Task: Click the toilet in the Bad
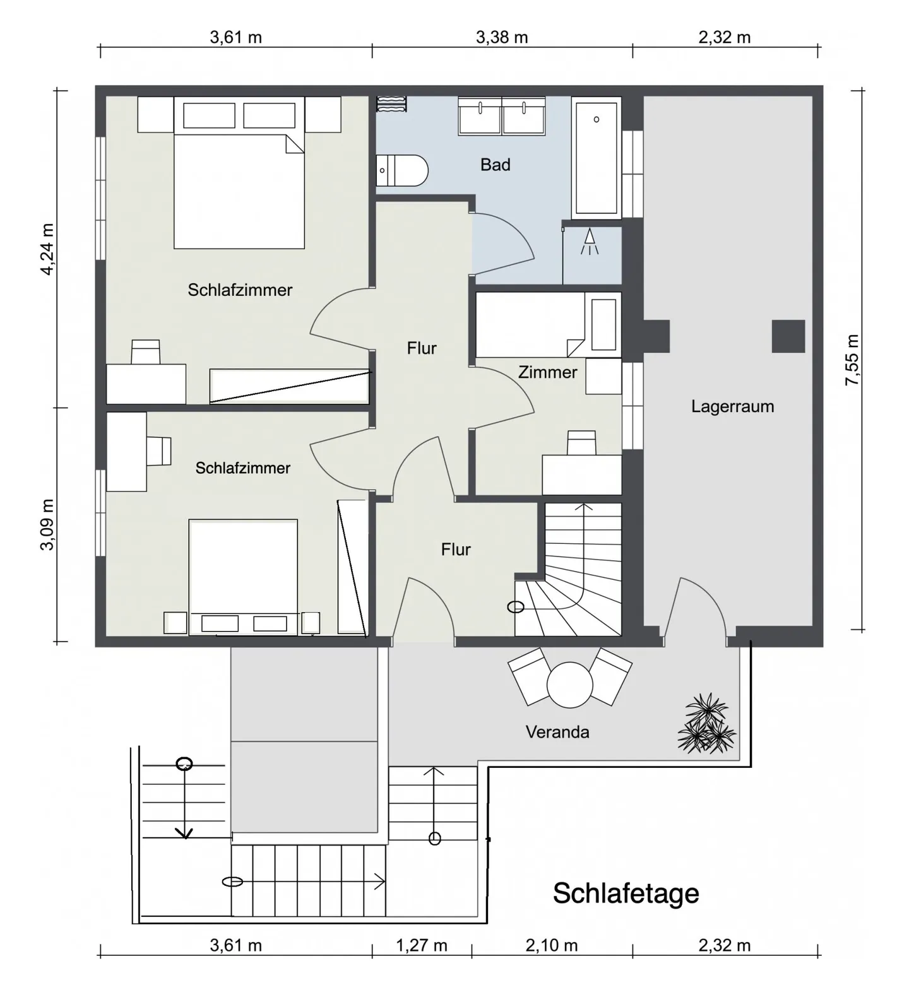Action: coord(402,170)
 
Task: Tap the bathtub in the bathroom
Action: coord(596,158)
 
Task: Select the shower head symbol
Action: coord(590,242)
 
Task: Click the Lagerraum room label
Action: coord(732,406)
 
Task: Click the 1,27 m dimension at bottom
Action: coord(422,946)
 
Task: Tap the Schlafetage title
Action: coord(626,893)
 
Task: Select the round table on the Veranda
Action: coord(570,685)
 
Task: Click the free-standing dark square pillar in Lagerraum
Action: coord(788,336)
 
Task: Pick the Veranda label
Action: coord(557,732)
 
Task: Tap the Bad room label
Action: coord(495,165)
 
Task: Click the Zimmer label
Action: coord(547,372)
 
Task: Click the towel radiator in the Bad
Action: coord(392,104)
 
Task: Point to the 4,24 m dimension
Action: coord(48,249)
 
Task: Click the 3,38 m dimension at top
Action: coord(502,37)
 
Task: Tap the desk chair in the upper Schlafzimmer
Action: coord(145,351)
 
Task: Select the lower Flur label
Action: coord(456,550)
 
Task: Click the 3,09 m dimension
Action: coord(48,524)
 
